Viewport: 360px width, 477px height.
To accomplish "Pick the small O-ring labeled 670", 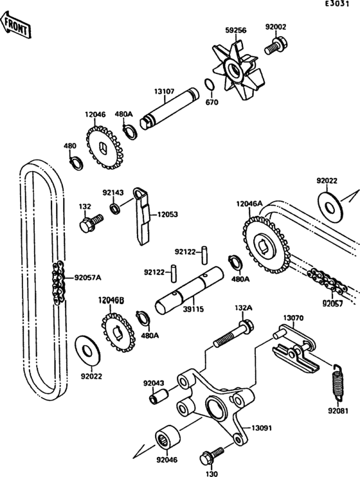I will point(209,85).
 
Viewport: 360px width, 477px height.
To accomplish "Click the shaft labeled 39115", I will point(189,291).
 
